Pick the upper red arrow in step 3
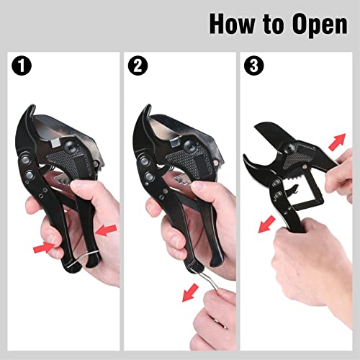338,141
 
